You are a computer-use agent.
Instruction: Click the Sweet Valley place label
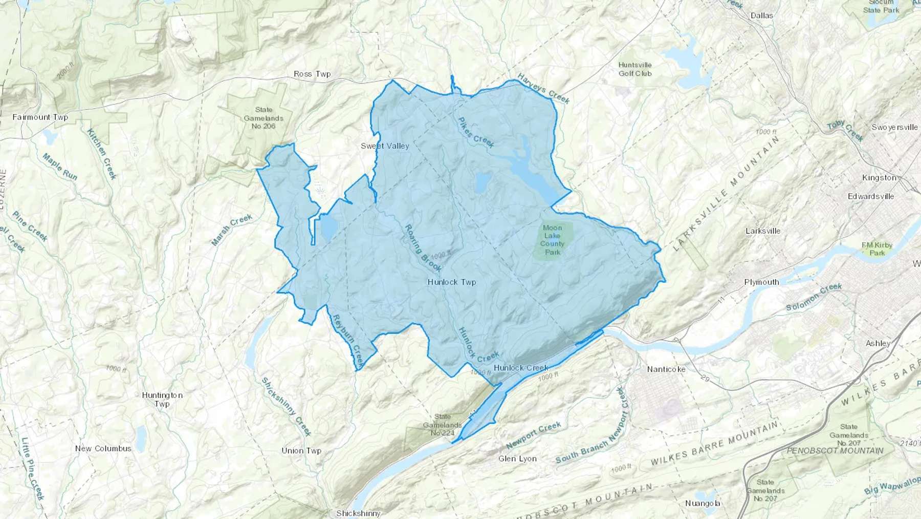tap(385, 146)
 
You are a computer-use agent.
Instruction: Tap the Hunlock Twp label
tap(452, 282)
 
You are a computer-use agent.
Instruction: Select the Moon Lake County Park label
tap(553, 240)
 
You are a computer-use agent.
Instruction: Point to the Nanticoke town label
tap(666, 369)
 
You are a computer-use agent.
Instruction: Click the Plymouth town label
tap(761, 282)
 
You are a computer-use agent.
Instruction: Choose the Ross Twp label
tap(312, 74)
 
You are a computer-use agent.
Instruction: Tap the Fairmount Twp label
tap(40, 117)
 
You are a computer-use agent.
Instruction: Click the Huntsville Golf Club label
tap(635, 69)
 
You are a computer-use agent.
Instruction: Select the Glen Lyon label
tap(517, 459)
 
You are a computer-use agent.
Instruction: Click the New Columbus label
tap(103, 449)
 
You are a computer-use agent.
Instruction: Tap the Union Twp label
tap(301, 451)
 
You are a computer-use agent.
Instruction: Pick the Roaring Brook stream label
tap(423, 248)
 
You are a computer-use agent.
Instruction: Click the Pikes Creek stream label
tap(476, 132)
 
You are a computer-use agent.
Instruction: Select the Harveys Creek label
tap(543, 88)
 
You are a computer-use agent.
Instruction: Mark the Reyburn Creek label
tap(347, 340)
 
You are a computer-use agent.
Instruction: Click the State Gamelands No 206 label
tap(264, 118)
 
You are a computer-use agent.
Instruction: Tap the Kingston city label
tap(879, 178)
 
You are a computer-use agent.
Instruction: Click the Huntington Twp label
tap(162, 400)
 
